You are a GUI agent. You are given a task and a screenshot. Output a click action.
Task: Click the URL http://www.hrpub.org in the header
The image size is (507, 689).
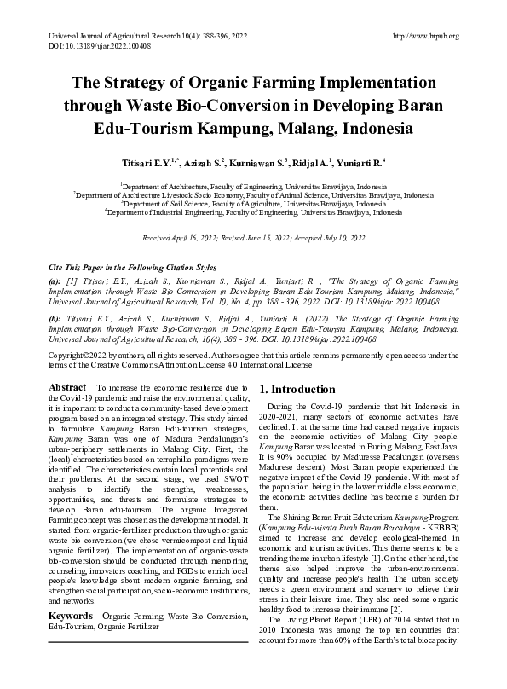[426, 36]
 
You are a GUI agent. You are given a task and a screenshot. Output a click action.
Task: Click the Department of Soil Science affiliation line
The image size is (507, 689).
[253, 204]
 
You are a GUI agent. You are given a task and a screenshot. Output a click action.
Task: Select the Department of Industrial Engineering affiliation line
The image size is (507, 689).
[253, 213]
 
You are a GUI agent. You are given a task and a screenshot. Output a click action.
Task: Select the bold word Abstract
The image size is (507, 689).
[67, 387]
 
